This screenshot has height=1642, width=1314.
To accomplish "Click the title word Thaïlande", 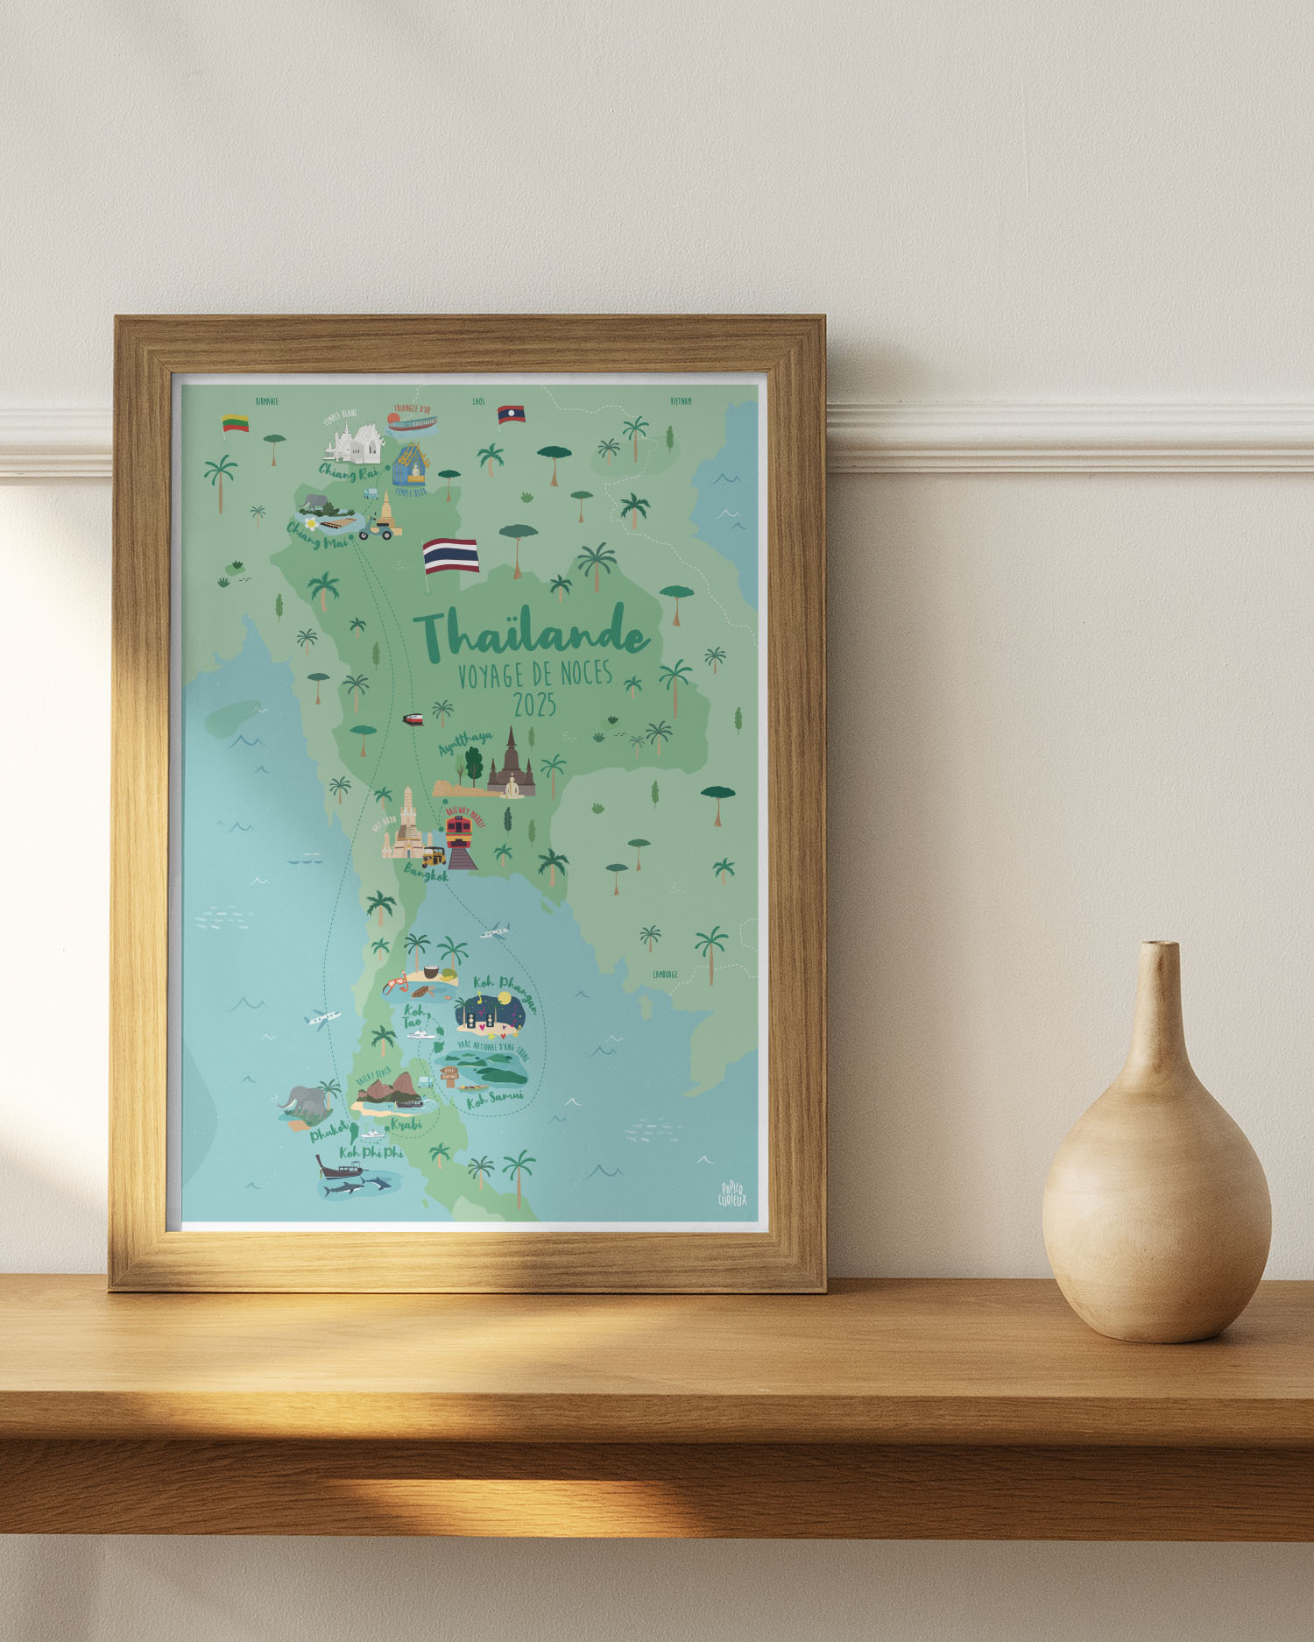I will [532, 633].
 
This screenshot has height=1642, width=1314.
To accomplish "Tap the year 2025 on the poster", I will [534, 705].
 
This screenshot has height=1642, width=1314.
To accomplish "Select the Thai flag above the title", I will [451, 556].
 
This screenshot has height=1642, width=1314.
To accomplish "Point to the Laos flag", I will [511, 414].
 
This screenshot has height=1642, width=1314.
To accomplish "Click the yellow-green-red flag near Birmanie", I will [235, 423].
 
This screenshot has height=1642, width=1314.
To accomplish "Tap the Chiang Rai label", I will [348, 471].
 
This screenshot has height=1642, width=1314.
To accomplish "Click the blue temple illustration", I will [410, 464].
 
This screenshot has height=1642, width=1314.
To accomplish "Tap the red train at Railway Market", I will [459, 830].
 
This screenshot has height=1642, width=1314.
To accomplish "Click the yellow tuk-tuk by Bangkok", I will [432, 855].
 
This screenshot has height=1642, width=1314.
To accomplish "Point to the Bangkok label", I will [426, 873].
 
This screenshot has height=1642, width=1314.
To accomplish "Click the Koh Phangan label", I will [505, 991].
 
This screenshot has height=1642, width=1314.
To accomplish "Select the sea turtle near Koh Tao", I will [420, 992].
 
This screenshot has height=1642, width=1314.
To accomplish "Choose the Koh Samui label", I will [495, 1099].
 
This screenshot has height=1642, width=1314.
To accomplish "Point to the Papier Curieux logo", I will [732, 1193].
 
